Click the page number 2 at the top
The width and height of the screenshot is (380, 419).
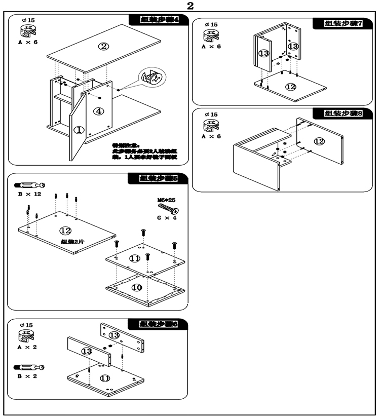[190, 6]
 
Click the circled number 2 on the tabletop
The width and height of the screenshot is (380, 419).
[103, 47]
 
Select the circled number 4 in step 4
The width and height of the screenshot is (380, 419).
[99, 111]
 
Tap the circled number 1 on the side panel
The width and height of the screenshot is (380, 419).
[79, 130]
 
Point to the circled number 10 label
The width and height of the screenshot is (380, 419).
[137, 287]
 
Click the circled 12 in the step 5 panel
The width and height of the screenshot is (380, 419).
[65, 231]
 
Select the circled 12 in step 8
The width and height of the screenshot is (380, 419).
[319, 141]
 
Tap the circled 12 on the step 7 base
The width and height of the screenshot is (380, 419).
[290, 87]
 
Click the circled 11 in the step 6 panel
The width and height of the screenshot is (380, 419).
[105, 377]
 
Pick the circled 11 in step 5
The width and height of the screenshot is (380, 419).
[135, 258]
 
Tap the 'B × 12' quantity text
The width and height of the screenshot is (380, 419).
[30, 195]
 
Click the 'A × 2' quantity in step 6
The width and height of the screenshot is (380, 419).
[27, 348]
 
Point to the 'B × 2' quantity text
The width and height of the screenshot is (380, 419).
[27, 376]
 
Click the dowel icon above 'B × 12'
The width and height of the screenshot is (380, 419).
[30, 185]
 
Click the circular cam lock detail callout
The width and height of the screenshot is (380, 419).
[153, 78]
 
